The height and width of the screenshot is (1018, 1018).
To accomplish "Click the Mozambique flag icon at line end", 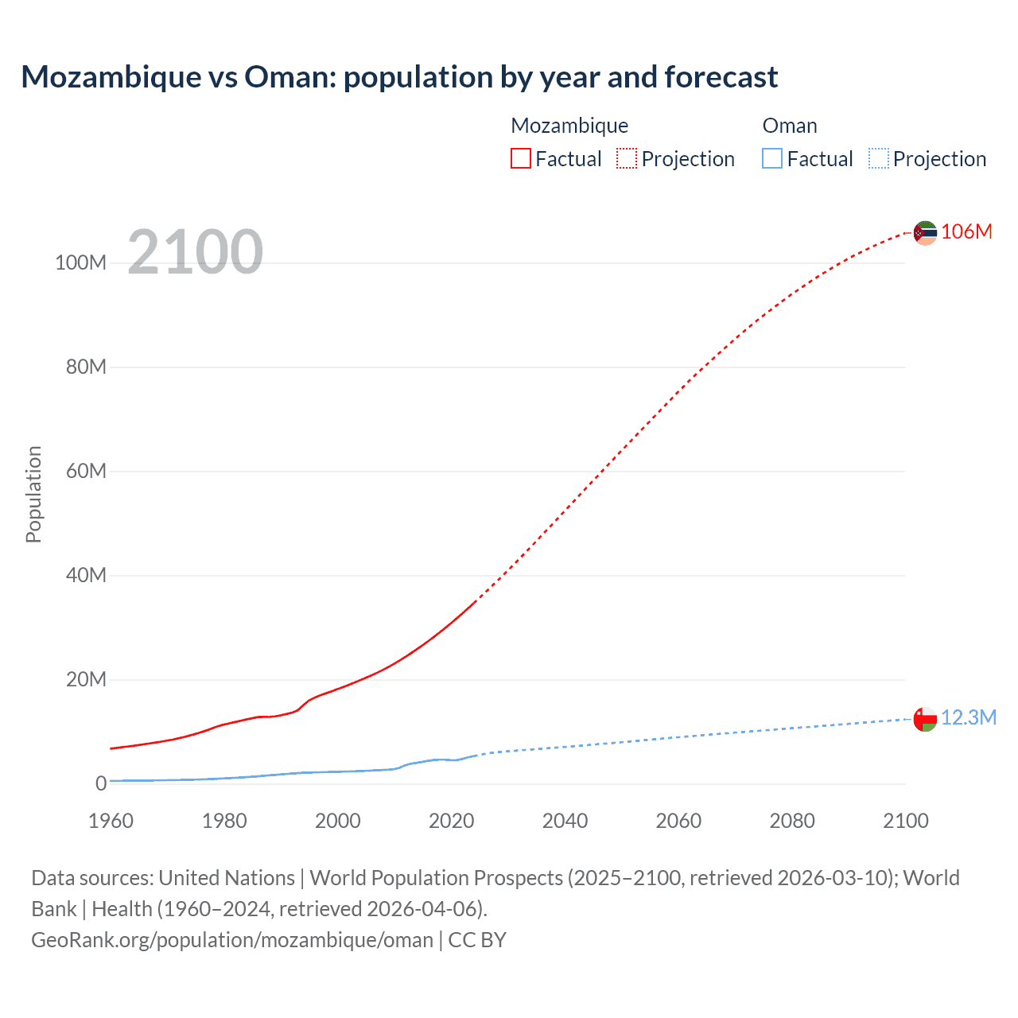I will click(925, 233).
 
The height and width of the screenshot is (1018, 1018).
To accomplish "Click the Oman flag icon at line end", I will click(925, 719).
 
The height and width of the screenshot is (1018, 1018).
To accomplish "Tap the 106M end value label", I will click(966, 231).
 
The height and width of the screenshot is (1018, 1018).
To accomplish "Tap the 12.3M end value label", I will click(968, 717).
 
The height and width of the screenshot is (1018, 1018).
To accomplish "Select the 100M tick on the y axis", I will click(80, 262).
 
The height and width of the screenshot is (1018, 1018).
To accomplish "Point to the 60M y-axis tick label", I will click(86, 471).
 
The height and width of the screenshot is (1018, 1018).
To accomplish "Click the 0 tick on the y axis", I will click(101, 783).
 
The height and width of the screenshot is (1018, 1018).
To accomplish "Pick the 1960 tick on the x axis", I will click(111, 821).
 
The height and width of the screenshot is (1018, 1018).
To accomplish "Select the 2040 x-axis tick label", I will click(565, 821).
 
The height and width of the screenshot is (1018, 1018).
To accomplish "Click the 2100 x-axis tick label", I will click(905, 821).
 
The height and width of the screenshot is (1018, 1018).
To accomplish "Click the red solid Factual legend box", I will click(521, 158).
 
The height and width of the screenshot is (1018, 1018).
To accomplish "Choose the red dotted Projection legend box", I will click(627, 158).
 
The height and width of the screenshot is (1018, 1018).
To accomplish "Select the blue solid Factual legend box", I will click(772, 158).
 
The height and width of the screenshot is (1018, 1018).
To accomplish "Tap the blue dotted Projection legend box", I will click(879, 158).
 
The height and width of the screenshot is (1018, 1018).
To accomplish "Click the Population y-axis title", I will click(33, 494).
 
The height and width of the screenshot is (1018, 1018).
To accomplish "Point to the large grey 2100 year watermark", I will click(195, 252).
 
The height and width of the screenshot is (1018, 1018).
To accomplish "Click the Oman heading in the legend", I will click(790, 126).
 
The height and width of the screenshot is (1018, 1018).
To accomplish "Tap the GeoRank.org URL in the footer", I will click(232, 939).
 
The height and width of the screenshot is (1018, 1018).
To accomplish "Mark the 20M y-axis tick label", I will click(86, 679).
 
